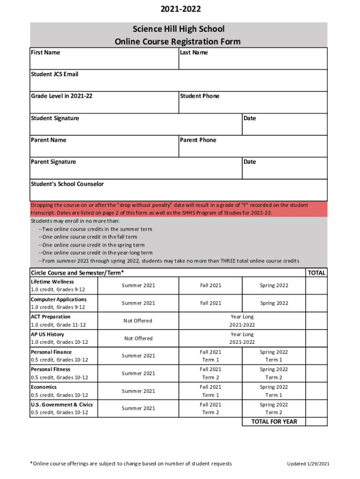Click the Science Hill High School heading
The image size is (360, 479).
point(178,29)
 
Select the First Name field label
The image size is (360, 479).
point(45,52)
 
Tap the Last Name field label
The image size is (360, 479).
point(194,52)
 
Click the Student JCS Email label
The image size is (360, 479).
point(54,74)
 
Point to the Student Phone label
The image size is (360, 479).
point(199,96)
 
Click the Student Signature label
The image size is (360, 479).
point(55,118)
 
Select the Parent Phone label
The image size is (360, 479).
point(198,140)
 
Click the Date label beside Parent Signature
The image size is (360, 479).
point(250,162)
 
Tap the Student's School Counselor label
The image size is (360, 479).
point(67,184)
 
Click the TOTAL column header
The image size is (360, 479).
point(317,273)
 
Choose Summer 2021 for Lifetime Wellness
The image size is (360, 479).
point(138,285)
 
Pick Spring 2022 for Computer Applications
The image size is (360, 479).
point(274,303)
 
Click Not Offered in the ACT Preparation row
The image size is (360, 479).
point(138,321)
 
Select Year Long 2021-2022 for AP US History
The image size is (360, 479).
point(242,338)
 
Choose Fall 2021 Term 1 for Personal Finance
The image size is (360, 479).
point(210,356)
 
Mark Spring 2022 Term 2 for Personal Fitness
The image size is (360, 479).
point(274,373)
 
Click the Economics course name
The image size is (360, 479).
point(43,387)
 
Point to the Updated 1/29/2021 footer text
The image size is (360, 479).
point(308,464)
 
